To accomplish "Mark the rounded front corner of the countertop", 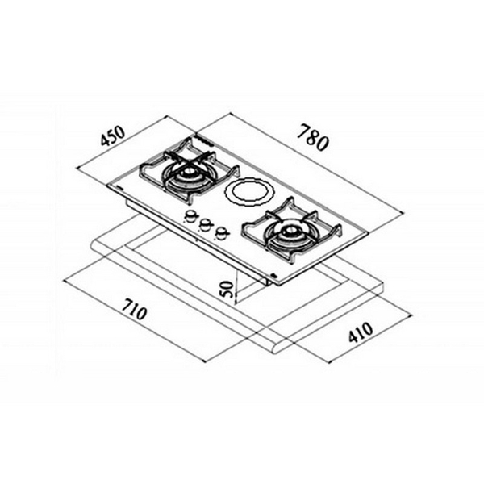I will tap(277, 346).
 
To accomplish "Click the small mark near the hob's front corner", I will tap(273, 275).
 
